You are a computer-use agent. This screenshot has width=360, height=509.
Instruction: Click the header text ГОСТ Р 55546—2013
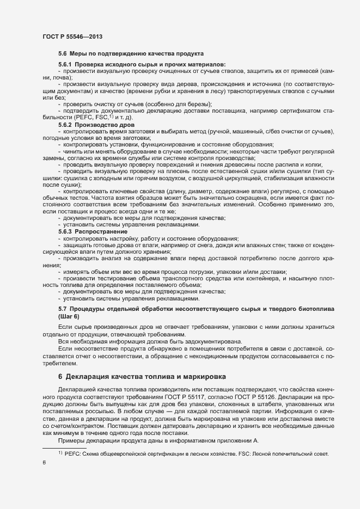(72, 36)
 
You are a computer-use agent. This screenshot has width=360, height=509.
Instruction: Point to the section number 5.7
(62, 309)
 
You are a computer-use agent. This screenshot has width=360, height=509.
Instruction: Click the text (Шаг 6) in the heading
(69, 317)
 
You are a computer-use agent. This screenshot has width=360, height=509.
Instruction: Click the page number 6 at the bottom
(44, 463)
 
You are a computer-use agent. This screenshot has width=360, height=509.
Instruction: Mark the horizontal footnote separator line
(64, 447)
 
